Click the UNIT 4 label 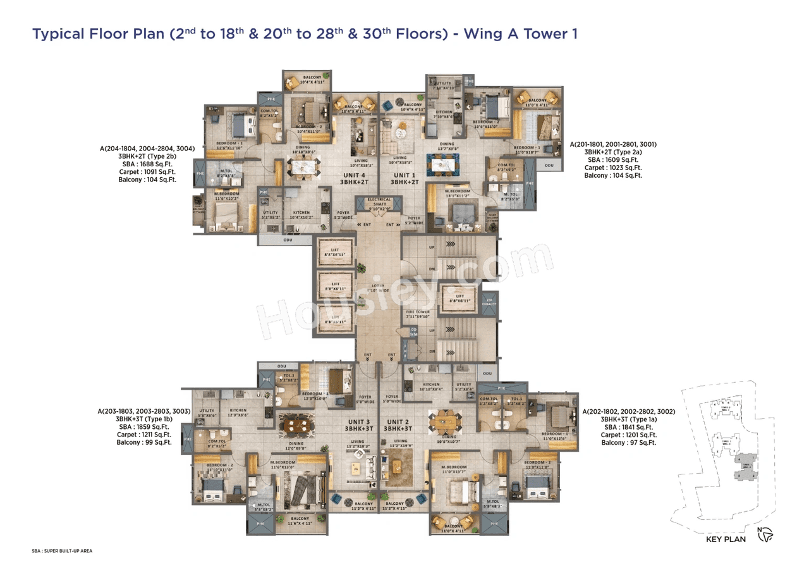[355, 175]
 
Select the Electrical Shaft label [379, 203]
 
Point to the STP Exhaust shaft [488, 302]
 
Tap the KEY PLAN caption [726, 540]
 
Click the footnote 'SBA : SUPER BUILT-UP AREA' [62, 551]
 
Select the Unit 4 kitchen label [301, 214]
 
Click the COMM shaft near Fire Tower [414, 331]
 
